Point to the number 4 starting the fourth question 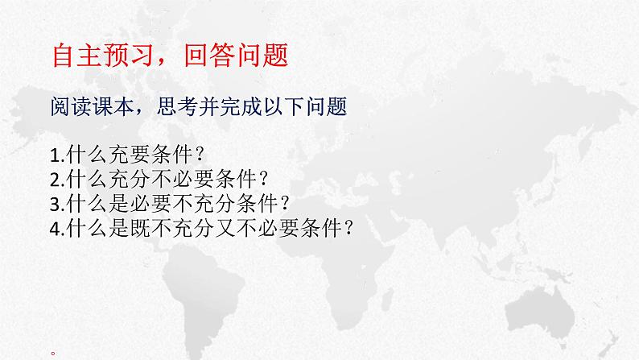[53, 228]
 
